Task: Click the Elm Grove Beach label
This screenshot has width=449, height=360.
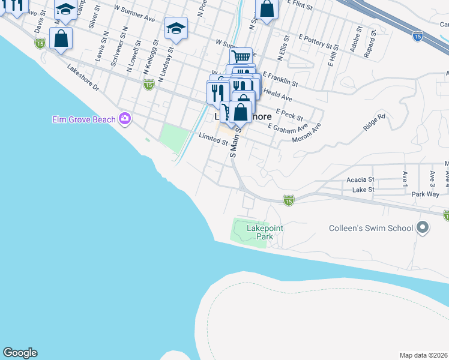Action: [83, 119]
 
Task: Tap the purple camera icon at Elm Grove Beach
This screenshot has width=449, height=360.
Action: [124, 118]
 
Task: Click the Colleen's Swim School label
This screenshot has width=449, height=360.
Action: [371, 228]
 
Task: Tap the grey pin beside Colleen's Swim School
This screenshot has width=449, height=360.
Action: [423, 227]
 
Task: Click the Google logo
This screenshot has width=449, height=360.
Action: [20, 353]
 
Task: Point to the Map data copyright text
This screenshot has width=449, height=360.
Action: [424, 355]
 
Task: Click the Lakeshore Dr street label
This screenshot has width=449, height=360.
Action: [83, 77]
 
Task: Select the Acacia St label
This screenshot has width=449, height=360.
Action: [360, 179]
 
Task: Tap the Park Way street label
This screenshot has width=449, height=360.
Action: [426, 194]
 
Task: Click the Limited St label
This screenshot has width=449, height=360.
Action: [213, 140]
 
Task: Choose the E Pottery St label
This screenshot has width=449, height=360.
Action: [315, 44]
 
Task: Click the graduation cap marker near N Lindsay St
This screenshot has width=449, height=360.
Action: [176, 28]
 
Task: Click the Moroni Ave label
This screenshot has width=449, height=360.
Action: [307, 133]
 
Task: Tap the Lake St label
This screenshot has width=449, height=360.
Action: [363, 190]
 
